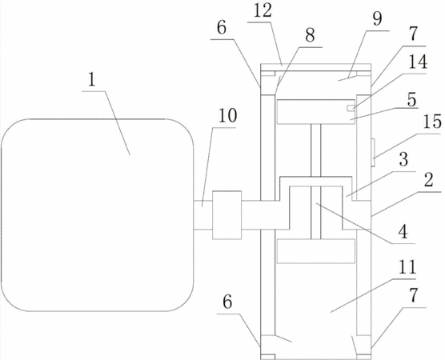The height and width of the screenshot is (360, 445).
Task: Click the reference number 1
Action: point(91,80)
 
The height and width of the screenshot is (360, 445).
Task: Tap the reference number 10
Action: point(227,116)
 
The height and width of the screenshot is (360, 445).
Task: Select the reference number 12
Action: point(263,12)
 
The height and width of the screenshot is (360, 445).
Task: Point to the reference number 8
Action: point(310,36)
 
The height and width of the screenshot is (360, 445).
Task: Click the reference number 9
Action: point(377,19)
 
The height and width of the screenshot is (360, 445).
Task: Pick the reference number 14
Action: point(418,62)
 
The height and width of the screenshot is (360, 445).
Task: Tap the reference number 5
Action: point(411,100)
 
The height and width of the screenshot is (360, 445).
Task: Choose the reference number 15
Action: point(432,122)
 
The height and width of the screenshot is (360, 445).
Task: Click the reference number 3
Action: point(403,159)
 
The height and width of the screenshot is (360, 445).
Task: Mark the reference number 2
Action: point(428,180)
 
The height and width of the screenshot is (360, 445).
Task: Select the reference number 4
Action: point(403,232)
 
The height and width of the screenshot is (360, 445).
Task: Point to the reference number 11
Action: point(407,267)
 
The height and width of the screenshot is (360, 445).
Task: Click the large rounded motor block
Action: point(98,215)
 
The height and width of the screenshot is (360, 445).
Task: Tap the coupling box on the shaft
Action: point(227,214)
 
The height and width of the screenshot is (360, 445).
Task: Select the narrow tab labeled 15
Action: point(373,152)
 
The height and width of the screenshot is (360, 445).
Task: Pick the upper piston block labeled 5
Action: point(316,112)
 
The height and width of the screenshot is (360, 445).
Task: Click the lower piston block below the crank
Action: point(316,251)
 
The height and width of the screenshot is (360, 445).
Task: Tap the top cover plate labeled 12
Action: point(315,67)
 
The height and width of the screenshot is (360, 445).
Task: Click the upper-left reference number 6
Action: point(222,28)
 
